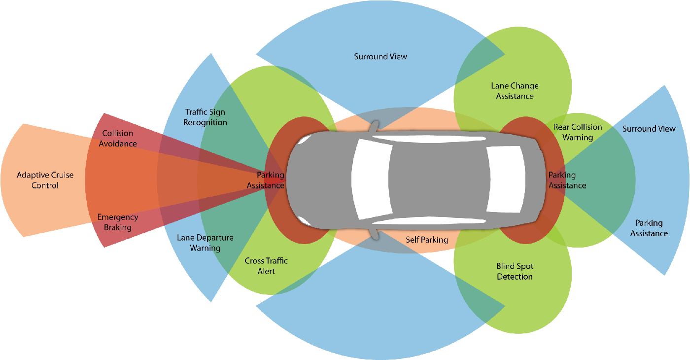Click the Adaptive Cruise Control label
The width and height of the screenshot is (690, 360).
[x=45, y=180]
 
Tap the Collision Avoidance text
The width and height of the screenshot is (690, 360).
[x=118, y=139]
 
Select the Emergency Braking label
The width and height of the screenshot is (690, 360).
[x=118, y=222]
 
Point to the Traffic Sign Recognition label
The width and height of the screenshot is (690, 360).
[x=205, y=117]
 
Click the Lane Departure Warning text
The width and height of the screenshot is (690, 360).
[x=205, y=243]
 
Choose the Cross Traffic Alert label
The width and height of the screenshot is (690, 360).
[x=266, y=266]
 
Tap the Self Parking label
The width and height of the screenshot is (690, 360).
[x=427, y=240]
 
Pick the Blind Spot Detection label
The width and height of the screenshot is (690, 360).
[x=515, y=271]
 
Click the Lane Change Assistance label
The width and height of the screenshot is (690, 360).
[x=515, y=91]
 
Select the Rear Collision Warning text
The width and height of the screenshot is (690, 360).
[x=578, y=132]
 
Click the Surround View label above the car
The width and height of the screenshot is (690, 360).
[x=380, y=57]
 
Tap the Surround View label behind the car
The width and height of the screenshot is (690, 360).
[x=649, y=129]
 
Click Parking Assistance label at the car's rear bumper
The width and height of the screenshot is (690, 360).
[x=567, y=180]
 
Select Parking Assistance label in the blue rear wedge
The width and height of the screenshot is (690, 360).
[x=649, y=228]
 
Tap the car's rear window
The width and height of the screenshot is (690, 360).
[x=505, y=179]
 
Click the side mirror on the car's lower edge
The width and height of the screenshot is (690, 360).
[x=376, y=232]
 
